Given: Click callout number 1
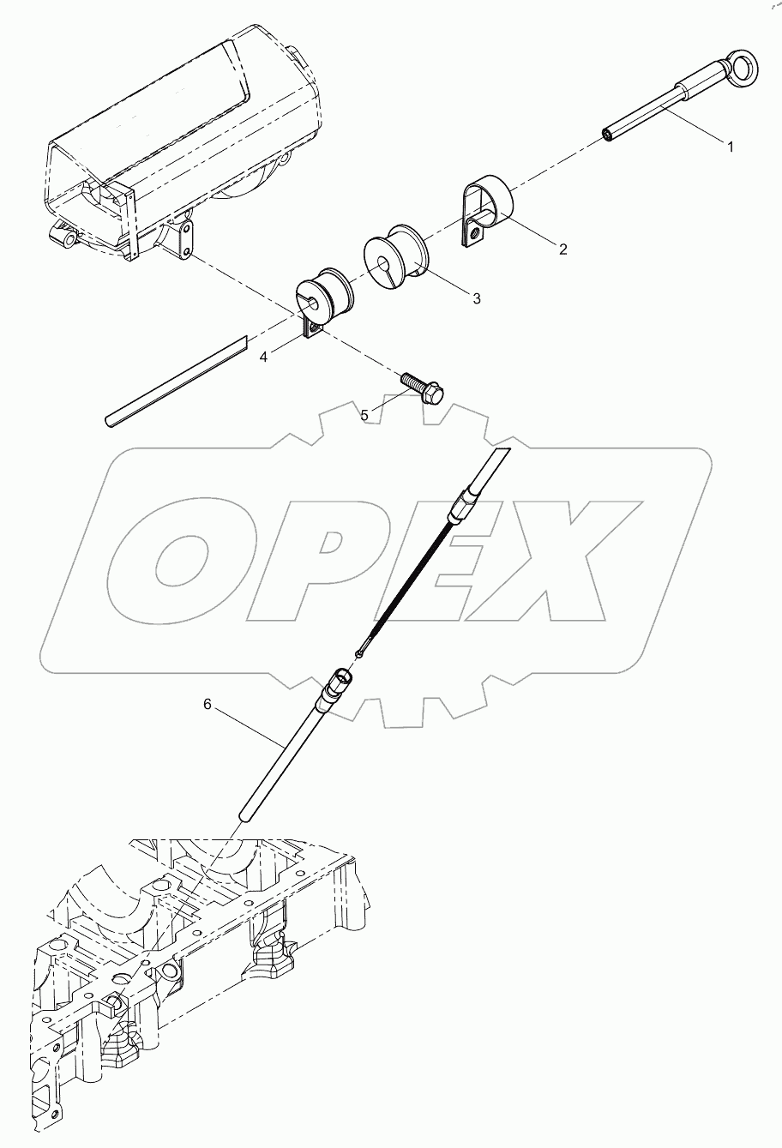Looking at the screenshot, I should pos(731,147).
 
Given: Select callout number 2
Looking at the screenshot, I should pos(562,249).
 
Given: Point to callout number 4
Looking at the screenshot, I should pos(263,358).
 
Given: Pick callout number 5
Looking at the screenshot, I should pos(364,415).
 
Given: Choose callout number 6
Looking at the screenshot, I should pos(207,704).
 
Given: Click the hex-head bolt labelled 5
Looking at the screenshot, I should pos(423,385).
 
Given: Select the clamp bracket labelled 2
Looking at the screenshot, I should pos(484,210).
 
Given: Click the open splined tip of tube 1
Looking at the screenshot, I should pos(611,134).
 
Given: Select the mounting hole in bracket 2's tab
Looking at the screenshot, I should pos(472,229).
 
